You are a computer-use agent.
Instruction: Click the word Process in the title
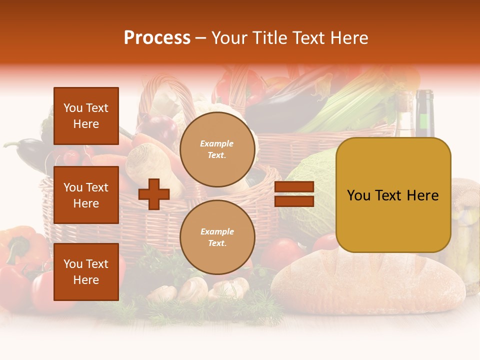point(157,38)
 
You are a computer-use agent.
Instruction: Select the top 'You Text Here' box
point(86,116)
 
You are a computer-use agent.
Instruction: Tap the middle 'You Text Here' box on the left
point(86,195)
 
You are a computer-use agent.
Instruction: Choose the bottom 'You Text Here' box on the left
point(86,271)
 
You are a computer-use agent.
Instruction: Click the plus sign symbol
point(154,194)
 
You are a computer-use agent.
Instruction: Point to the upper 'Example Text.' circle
point(217,149)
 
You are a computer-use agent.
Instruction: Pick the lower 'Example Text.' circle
point(217,237)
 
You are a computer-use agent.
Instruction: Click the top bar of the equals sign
point(294,187)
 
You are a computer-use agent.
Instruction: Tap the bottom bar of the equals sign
point(294,201)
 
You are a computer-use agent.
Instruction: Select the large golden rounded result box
point(393,195)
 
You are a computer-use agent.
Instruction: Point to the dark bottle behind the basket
point(424,112)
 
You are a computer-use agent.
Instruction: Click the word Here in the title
point(348,38)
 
